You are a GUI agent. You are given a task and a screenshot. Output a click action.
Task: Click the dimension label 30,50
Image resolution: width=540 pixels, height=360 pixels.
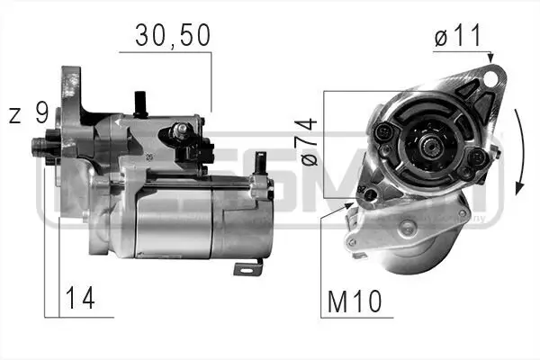pyautogui.click(x=172, y=35)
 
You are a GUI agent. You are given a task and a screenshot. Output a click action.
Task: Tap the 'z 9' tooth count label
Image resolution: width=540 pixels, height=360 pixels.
pyautogui.click(x=30, y=113)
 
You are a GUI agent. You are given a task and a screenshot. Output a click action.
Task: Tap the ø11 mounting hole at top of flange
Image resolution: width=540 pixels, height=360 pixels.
pyautogui.click(x=490, y=79)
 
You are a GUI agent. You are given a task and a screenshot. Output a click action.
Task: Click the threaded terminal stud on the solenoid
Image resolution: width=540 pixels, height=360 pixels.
pyautogui.click(x=180, y=131)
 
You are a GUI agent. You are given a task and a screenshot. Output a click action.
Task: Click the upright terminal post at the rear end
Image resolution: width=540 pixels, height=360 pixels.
pyautogui.click(x=259, y=161)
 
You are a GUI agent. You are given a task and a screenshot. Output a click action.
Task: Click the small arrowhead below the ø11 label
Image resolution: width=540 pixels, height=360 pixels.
pyautogui.click(x=490, y=59)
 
